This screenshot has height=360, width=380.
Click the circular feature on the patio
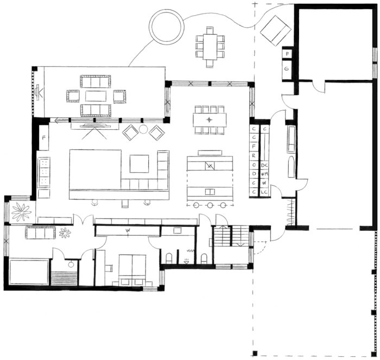tap(166, 27)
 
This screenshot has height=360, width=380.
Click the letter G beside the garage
tap(287, 69)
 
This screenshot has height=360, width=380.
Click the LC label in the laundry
tap(265, 192)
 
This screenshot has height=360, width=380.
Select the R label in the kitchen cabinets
tap(254, 155)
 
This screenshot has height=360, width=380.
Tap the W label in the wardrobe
tap(128, 231)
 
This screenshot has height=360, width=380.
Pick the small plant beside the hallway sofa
tap(65, 233)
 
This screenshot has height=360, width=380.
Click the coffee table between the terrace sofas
tap(96, 96)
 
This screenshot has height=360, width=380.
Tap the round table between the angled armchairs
tap(143, 129)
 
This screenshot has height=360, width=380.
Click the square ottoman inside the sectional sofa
tap(138, 163)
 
